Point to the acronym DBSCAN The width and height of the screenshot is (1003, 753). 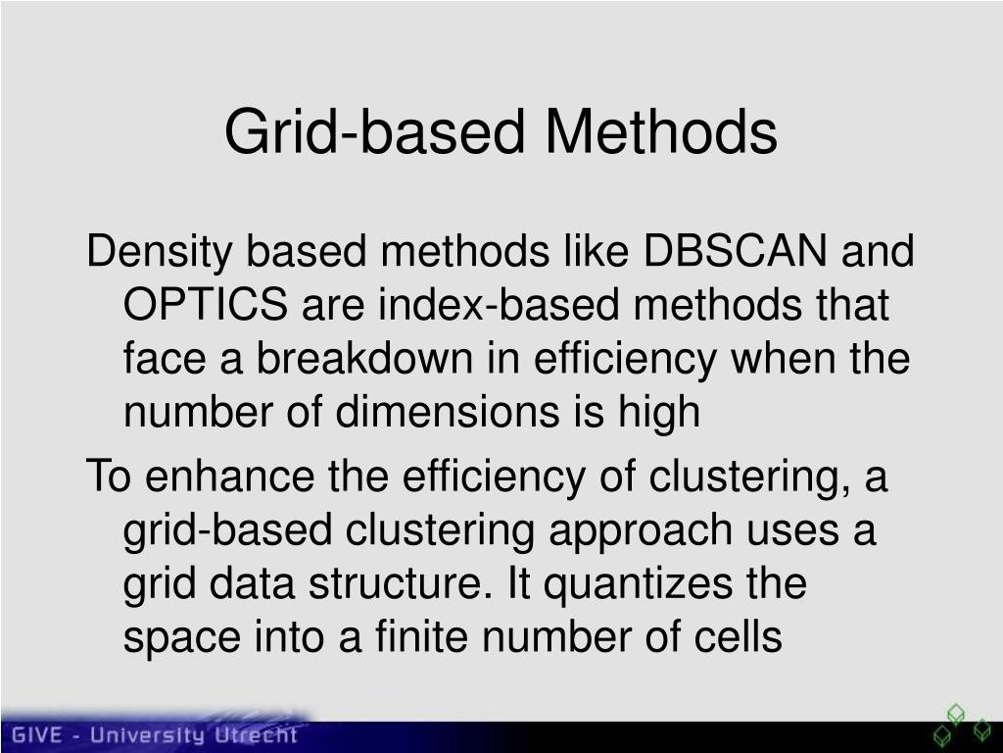(735, 253)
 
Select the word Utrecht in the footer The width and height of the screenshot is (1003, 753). (261, 735)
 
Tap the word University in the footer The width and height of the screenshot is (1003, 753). (150, 735)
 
